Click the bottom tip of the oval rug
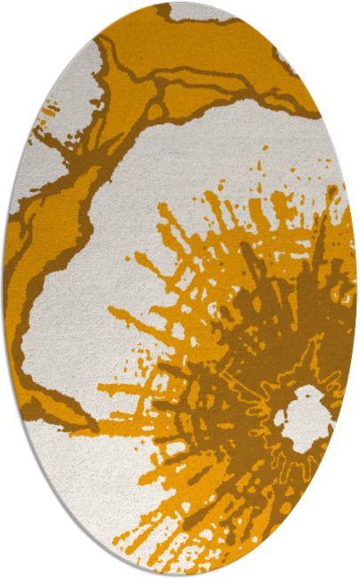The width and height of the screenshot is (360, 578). pos(180,574)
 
